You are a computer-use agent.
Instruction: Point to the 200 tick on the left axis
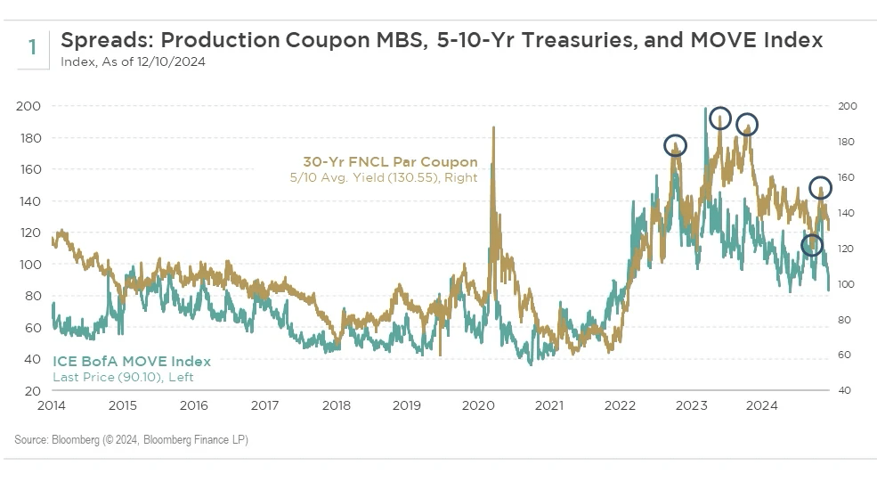29,106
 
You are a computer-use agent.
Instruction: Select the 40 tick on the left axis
32,359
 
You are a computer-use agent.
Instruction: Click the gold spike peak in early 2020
492,128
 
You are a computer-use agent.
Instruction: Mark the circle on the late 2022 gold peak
677,146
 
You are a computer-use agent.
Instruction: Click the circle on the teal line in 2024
811,245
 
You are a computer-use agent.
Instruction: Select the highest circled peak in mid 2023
720,118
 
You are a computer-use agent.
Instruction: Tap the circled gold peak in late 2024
821,188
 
